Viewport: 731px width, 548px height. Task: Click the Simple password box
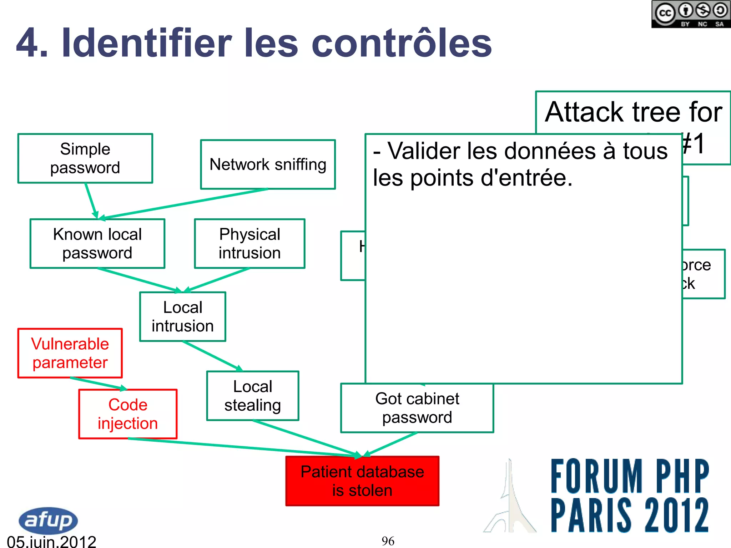85,158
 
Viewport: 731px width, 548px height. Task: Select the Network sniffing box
268,164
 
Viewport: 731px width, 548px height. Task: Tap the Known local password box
97,244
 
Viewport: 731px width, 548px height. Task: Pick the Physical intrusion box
249,244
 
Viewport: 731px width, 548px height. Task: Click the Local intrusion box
183,317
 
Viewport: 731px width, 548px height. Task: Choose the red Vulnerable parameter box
70,353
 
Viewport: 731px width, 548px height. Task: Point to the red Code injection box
128,414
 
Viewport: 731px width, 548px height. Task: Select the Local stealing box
253,396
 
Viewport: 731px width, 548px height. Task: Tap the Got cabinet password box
417,408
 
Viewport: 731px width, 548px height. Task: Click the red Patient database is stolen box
362,481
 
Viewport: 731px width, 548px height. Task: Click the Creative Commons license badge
691,14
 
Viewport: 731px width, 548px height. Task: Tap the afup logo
48,520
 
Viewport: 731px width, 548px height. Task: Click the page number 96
388,541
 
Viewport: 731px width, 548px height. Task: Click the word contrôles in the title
402,44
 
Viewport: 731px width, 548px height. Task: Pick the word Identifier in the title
147,44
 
